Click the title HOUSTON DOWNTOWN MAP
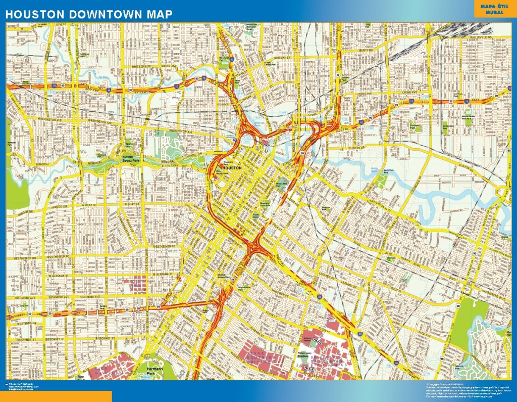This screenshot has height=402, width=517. tap(89, 14)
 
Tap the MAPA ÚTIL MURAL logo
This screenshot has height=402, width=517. tap(494, 10)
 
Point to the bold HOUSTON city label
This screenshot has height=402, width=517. tap(232, 168)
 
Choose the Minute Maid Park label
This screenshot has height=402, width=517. tap(282, 184)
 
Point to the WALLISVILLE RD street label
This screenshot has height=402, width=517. tap(479, 37)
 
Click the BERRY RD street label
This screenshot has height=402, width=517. tap(366, 51)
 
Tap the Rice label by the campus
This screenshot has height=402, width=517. tap(95, 377)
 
